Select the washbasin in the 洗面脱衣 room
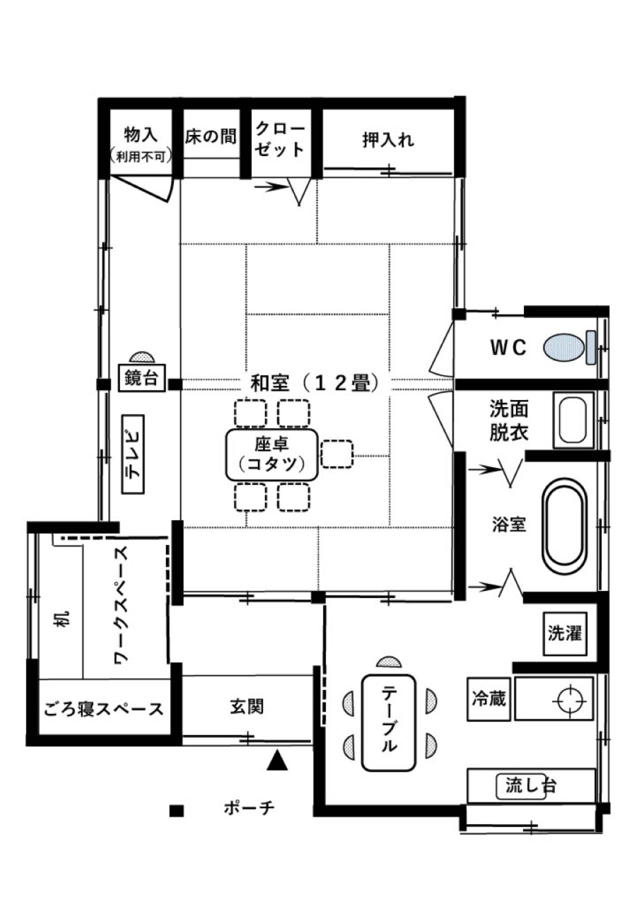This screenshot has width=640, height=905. [573, 420]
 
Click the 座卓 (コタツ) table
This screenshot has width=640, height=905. [272, 454]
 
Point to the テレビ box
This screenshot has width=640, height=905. [133, 454]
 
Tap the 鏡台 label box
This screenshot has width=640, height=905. [141, 378]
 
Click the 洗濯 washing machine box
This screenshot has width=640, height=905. [564, 633]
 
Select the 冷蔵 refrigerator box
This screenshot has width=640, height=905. [489, 698]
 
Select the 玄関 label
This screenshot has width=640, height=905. [247, 706]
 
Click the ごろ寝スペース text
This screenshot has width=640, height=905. [103, 709]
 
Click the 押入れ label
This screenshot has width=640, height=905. [388, 140]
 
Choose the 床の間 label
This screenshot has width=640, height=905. [210, 136]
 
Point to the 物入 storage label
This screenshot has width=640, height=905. [140, 134]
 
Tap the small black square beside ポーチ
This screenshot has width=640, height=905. [176, 810]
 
